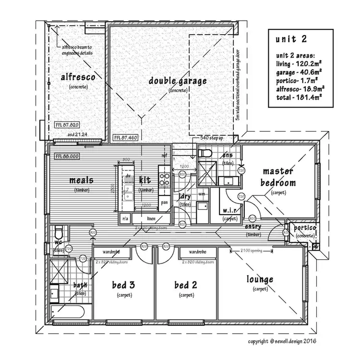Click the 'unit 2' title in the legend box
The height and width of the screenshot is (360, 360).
pyautogui.click(x=291, y=39)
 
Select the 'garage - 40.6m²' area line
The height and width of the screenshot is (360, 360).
pyautogui.click(x=299, y=71)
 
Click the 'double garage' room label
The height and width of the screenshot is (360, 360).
pyautogui.click(x=178, y=81)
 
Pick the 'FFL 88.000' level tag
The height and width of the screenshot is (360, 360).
pyautogui.click(x=67, y=156)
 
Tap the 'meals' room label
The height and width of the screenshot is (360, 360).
pyautogui.click(x=81, y=180)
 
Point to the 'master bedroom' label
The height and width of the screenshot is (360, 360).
pyautogui.click(x=278, y=177)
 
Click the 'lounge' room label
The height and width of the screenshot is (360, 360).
pyautogui.click(x=260, y=279)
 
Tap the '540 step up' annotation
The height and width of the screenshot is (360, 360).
pyautogui.click(x=211, y=138)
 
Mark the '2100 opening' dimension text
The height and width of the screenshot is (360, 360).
pyautogui.click(x=246, y=251)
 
